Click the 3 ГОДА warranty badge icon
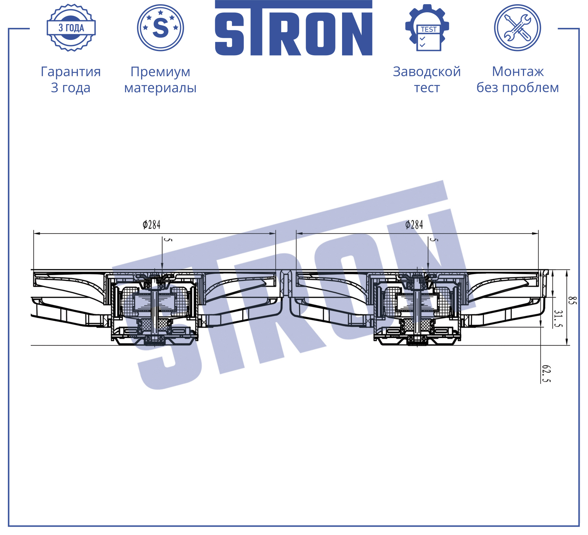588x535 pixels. click(71, 28)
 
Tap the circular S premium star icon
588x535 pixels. click(160, 28)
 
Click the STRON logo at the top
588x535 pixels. click(293, 28)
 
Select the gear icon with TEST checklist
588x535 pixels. click(427, 28)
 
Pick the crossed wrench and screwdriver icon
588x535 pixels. click(517, 28)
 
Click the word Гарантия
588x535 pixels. click(71, 72)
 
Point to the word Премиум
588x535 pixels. click(160, 72)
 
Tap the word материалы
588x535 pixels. click(160, 88)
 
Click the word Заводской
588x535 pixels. click(427, 72)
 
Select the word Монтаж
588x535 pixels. click(518, 72)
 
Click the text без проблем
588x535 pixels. click(518, 87)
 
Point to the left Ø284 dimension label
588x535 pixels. click(151, 224)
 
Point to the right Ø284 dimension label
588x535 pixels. click(414, 224)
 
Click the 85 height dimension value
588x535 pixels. click(572, 300)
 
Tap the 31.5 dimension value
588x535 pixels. click(558, 319)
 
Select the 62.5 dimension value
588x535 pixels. click(546, 374)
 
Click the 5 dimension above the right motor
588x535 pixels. click(434, 240)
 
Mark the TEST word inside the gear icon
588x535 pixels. click(429, 29)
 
